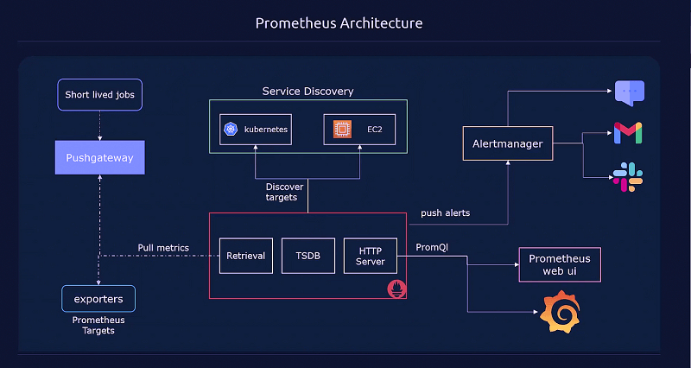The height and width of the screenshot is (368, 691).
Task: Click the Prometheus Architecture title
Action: point(339,22)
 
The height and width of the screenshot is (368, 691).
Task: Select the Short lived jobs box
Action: point(99,94)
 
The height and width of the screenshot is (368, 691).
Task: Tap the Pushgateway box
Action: point(99,158)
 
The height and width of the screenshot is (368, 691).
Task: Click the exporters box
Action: point(98,299)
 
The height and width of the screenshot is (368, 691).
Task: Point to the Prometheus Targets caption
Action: point(98,325)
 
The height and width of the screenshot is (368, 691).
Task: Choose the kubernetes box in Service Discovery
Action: point(255,130)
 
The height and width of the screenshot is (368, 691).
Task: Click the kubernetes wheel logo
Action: point(231,130)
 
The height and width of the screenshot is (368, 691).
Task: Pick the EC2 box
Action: point(359,130)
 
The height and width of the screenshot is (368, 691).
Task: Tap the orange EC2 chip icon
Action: point(342,130)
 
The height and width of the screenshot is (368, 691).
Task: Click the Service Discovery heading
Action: point(307,91)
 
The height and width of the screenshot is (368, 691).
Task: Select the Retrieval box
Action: point(246,256)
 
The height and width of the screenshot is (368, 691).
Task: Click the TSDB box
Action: point(307,256)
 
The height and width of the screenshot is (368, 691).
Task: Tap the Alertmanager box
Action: point(508,144)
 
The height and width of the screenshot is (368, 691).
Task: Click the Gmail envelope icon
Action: point(628,133)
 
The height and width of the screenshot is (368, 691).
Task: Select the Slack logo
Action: point(628,176)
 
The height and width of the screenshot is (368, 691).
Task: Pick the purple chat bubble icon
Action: point(629,92)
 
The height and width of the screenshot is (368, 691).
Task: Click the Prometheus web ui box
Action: point(559,264)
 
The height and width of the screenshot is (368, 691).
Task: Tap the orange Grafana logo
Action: point(559,311)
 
